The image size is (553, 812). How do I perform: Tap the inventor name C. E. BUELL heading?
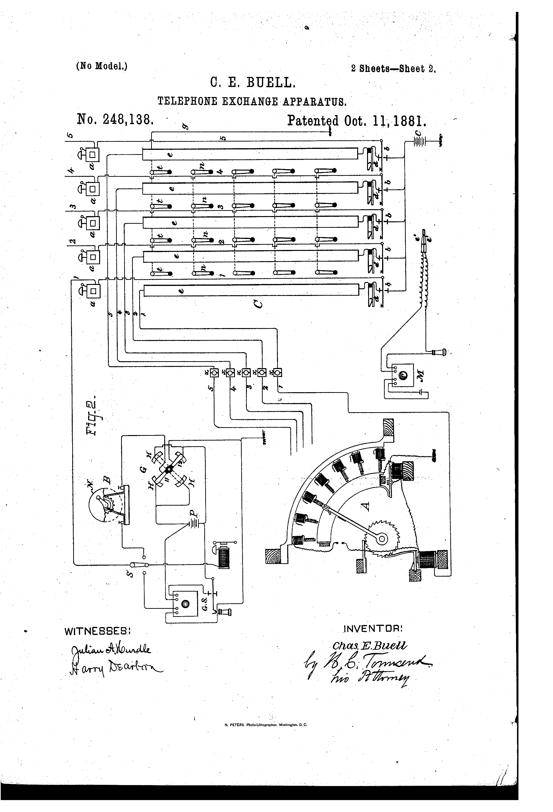pyautogui.click(x=253, y=83)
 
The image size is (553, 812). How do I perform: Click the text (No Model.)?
pyautogui.click(x=101, y=66)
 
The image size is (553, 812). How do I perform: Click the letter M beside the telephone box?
pyautogui.click(x=420, y=377)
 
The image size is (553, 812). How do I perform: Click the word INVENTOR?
pyautogui.click(x=373, y=629)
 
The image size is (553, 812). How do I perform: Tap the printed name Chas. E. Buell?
pyautogui.click(x=370, y=645)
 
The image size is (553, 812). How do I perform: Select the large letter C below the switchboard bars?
pyautogui.click(x=258, y=304)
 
